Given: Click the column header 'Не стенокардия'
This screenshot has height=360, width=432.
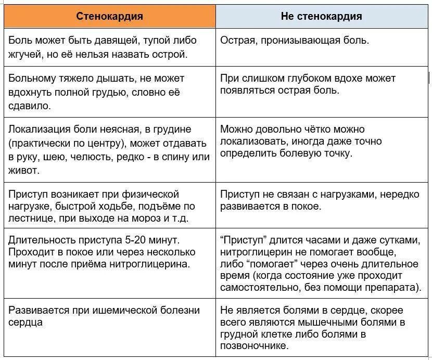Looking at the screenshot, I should pos(321,16).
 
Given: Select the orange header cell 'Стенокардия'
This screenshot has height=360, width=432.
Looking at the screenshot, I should pos(109,16).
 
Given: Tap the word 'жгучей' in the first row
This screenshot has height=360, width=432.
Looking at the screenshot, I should pos(25,54).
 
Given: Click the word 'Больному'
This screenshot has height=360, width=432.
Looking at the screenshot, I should pos(31,79).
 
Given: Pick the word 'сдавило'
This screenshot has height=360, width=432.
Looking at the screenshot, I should pos(30,106).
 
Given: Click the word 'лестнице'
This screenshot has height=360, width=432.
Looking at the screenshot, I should pos(30,218).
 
